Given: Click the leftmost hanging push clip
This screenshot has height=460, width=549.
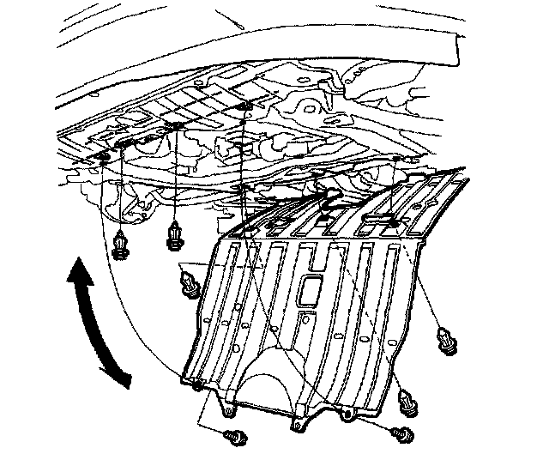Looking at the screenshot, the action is click(x=120, y=246).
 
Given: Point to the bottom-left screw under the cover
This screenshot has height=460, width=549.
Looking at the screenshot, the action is click(x=232, y=437).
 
